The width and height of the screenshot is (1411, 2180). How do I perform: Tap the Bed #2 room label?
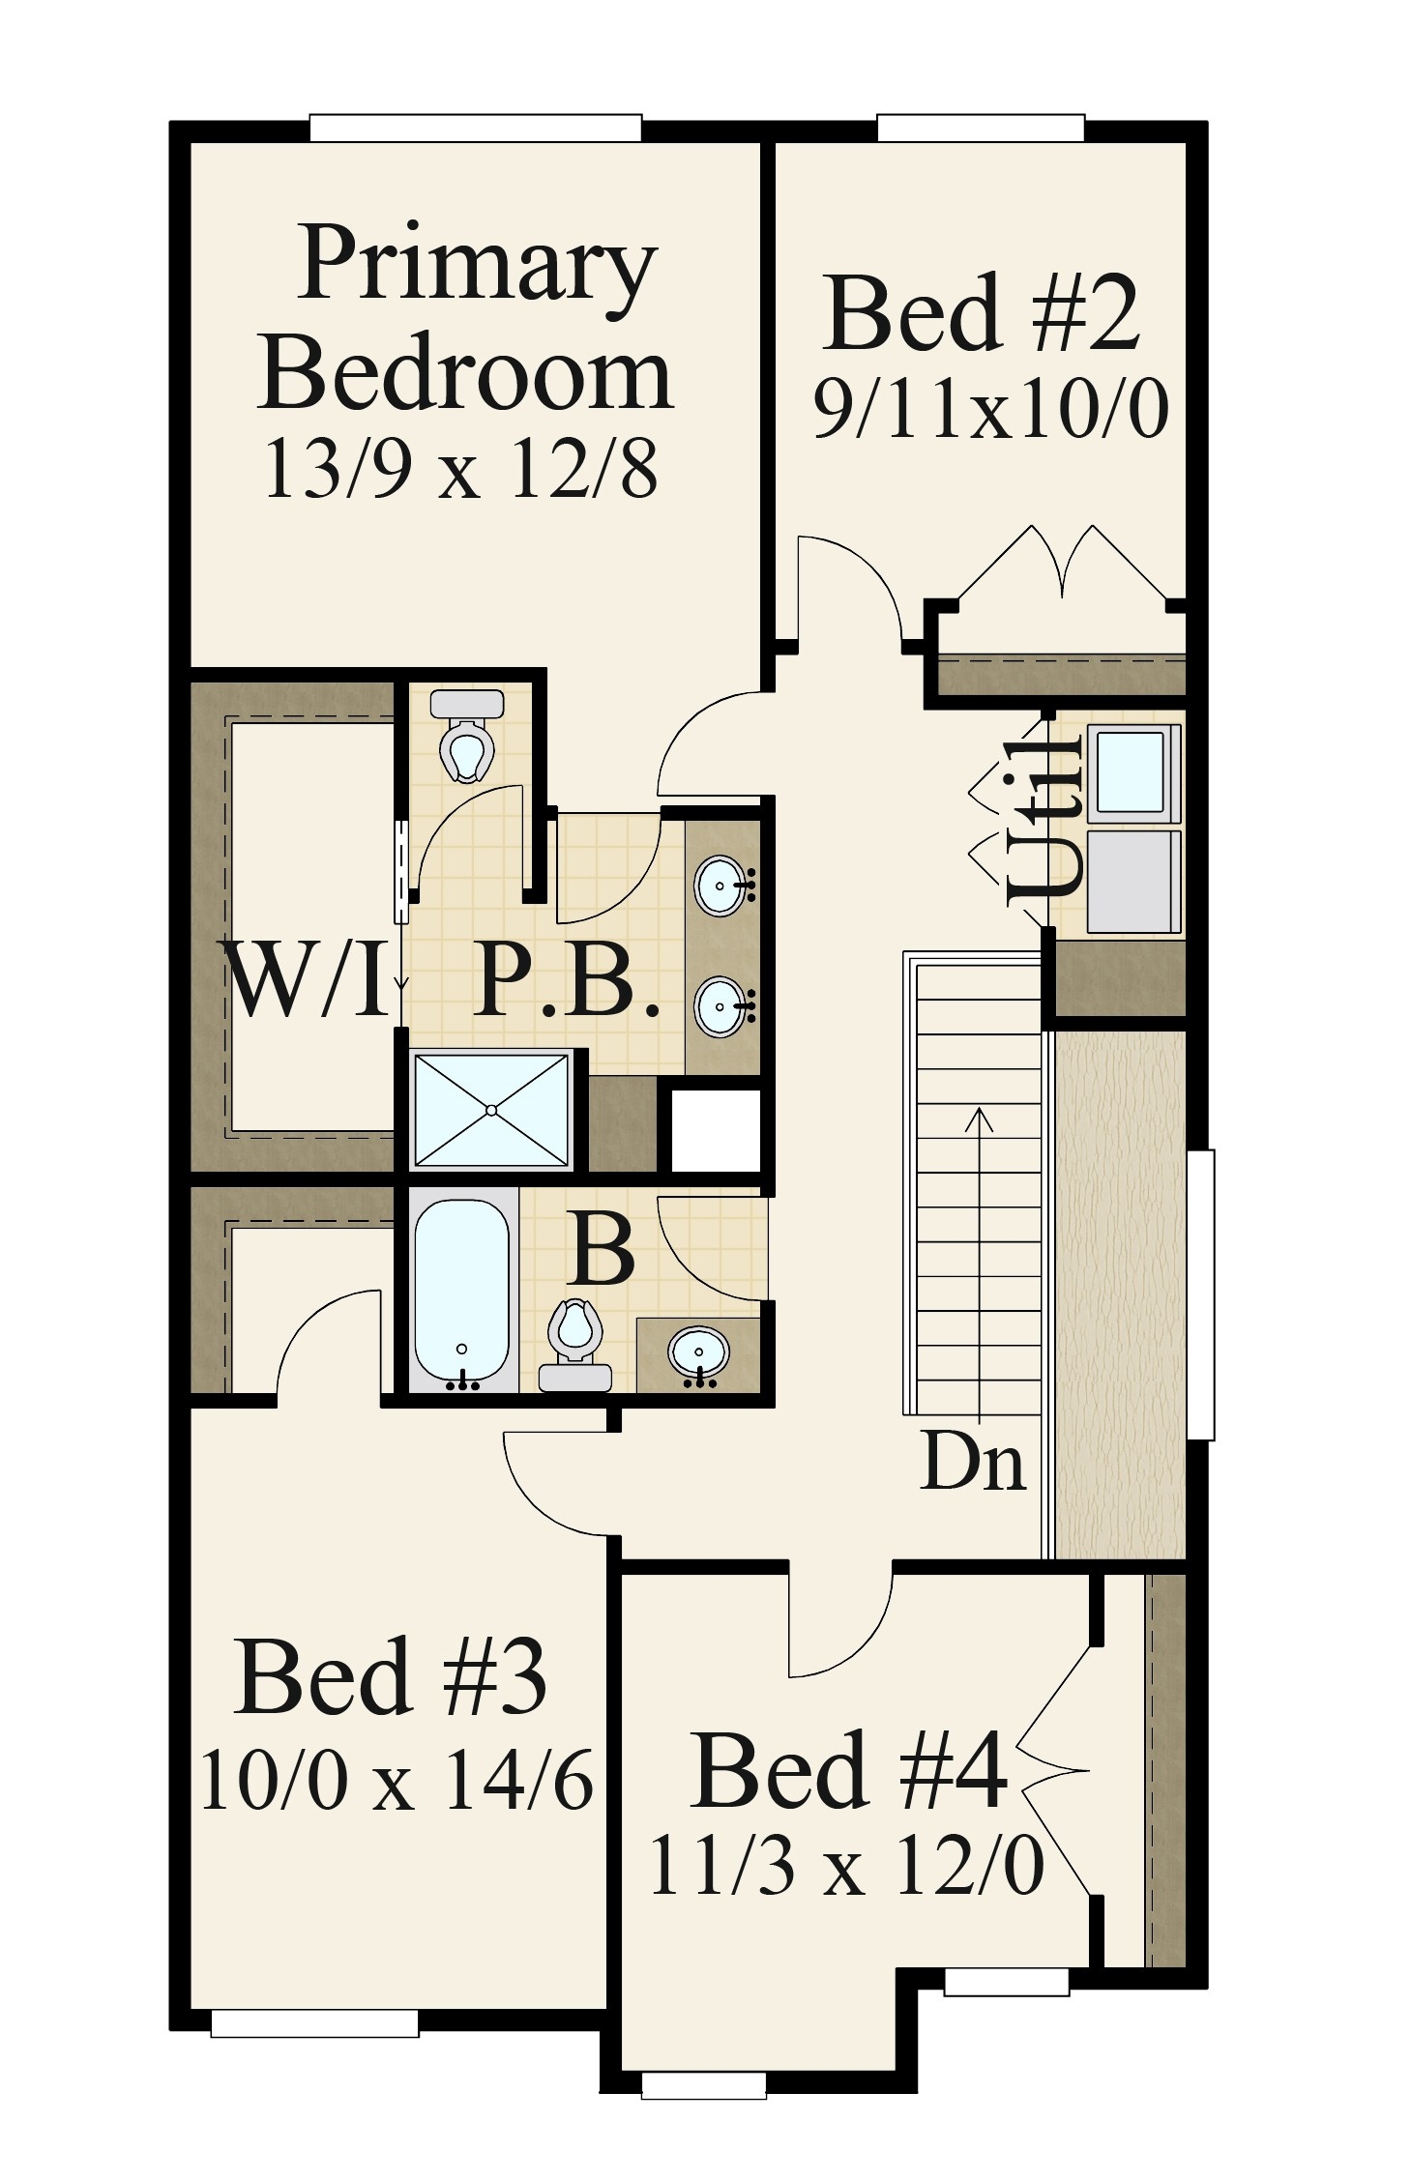click(x=983, y=313)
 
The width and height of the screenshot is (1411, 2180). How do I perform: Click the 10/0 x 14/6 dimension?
click(x=397, y=1781)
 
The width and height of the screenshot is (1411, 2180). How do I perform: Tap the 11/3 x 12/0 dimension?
click(x=846, y=1866)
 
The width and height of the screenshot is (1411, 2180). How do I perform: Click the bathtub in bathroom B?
click(x=462, y=1293)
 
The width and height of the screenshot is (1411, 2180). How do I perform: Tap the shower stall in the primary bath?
click(x=491, y=1110)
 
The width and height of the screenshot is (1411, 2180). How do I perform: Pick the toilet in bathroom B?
click(x=574, y=1344)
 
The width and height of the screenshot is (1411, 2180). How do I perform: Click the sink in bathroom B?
click(x=698, y=1350)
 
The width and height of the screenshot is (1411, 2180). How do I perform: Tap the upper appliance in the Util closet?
click(x=1130, y=771)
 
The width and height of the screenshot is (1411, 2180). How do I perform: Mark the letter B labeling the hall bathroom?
click(x=603, y=1249)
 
